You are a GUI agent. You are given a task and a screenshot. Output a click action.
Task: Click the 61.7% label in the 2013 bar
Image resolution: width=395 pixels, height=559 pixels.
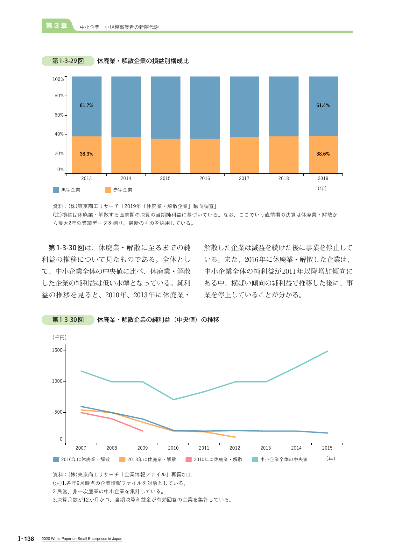tap(87, 105)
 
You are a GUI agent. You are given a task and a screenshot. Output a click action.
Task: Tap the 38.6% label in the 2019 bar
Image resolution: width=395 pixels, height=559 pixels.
tap(323, 154)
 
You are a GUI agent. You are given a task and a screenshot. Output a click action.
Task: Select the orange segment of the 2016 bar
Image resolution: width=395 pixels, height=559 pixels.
tap(205, 156)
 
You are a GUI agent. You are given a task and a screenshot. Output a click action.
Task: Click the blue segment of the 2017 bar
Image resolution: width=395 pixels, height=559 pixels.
tap(244, 106)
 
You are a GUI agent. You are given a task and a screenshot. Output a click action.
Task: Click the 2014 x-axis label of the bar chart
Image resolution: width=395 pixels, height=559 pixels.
tap(126, 178)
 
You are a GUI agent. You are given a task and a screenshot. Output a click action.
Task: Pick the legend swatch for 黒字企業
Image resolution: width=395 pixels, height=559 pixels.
tap(56, 190)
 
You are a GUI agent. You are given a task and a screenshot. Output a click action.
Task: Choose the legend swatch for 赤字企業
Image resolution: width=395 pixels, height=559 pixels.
tap(108, 190)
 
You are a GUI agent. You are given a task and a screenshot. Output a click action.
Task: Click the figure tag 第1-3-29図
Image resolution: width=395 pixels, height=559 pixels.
tap(68, 61)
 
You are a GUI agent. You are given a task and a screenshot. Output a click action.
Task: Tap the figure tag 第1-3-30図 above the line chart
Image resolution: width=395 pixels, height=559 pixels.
tap(68, 320)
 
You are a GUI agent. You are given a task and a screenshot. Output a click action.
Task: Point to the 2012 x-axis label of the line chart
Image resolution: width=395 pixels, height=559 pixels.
tap(235, 448)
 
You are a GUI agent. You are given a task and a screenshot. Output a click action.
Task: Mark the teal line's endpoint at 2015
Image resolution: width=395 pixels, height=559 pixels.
tap(328, 351)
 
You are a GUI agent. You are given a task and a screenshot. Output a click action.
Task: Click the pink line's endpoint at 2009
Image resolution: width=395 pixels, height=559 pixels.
tap(143, 431)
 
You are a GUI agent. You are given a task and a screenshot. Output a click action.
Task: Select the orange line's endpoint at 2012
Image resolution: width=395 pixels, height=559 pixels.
tap(235, 437)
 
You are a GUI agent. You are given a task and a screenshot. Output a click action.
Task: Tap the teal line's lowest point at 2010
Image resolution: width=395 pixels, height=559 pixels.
tap(173, 399)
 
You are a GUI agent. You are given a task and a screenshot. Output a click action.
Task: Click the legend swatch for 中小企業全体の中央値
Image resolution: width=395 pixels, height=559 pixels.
tap(255, 459)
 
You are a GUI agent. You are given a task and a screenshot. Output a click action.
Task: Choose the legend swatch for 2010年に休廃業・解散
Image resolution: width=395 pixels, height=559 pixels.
tap(188, 459)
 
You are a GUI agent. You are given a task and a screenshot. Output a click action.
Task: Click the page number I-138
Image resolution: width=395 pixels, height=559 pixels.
tap(26, 539)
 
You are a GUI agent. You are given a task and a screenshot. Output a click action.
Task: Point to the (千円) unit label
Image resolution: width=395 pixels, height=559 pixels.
tap(60, 337)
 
